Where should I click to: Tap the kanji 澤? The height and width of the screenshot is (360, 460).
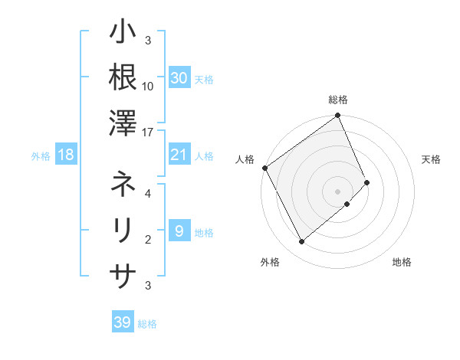(x=123, y=122)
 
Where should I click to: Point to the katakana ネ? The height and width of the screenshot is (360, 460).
(x=123, y=185)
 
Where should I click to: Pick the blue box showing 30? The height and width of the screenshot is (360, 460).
(x=179, y=78)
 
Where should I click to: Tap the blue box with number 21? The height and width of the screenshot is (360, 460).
(x=179, y=155)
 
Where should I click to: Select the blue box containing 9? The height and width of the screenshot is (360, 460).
(x=179, y=231)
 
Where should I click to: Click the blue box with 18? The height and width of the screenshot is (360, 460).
(x=66, y=155)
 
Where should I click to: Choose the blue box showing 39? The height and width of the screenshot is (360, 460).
(x=122, y=322)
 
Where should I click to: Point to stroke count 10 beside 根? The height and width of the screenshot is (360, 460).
(x=148, y=87)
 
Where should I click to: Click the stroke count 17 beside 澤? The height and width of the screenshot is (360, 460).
(x=148, y=132)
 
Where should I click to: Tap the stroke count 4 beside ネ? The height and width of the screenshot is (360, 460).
(x=148, y=195)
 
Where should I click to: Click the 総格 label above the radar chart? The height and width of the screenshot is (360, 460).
(x=338, y=100)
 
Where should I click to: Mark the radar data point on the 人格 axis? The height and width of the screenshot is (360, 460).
(x=264, y=168)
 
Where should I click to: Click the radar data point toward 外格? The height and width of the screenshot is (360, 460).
(x=301, y=242)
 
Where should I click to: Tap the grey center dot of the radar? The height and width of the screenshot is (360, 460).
(x=337, y=190)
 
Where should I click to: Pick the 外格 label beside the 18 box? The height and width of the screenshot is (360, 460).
(x=41, y=156)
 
